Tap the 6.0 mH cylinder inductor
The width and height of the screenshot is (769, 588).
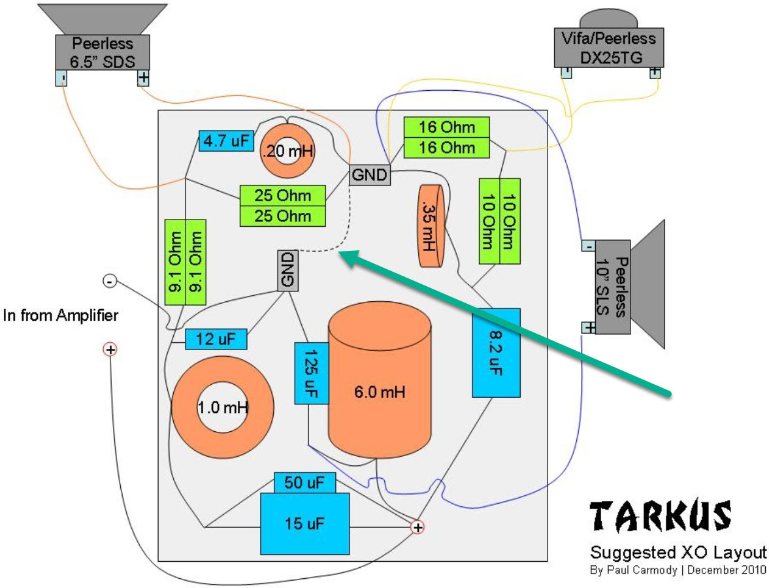380,391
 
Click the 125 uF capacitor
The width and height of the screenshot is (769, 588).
311,373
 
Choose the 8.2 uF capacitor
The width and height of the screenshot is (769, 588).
496,353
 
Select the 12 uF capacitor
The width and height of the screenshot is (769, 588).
216,340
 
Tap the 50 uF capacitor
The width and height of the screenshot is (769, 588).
304,483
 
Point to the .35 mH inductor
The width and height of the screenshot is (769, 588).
431,225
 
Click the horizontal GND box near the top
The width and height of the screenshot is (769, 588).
370,175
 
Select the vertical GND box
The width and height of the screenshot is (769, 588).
288,270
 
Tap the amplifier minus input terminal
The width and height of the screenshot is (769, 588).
110,281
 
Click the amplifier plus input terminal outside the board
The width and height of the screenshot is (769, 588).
110,350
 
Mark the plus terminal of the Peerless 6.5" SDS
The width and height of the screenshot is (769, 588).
143,78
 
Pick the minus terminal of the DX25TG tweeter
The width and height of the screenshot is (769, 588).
566,73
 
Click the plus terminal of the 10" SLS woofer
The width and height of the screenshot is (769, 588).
588,327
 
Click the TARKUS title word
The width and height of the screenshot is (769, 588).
661,516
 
